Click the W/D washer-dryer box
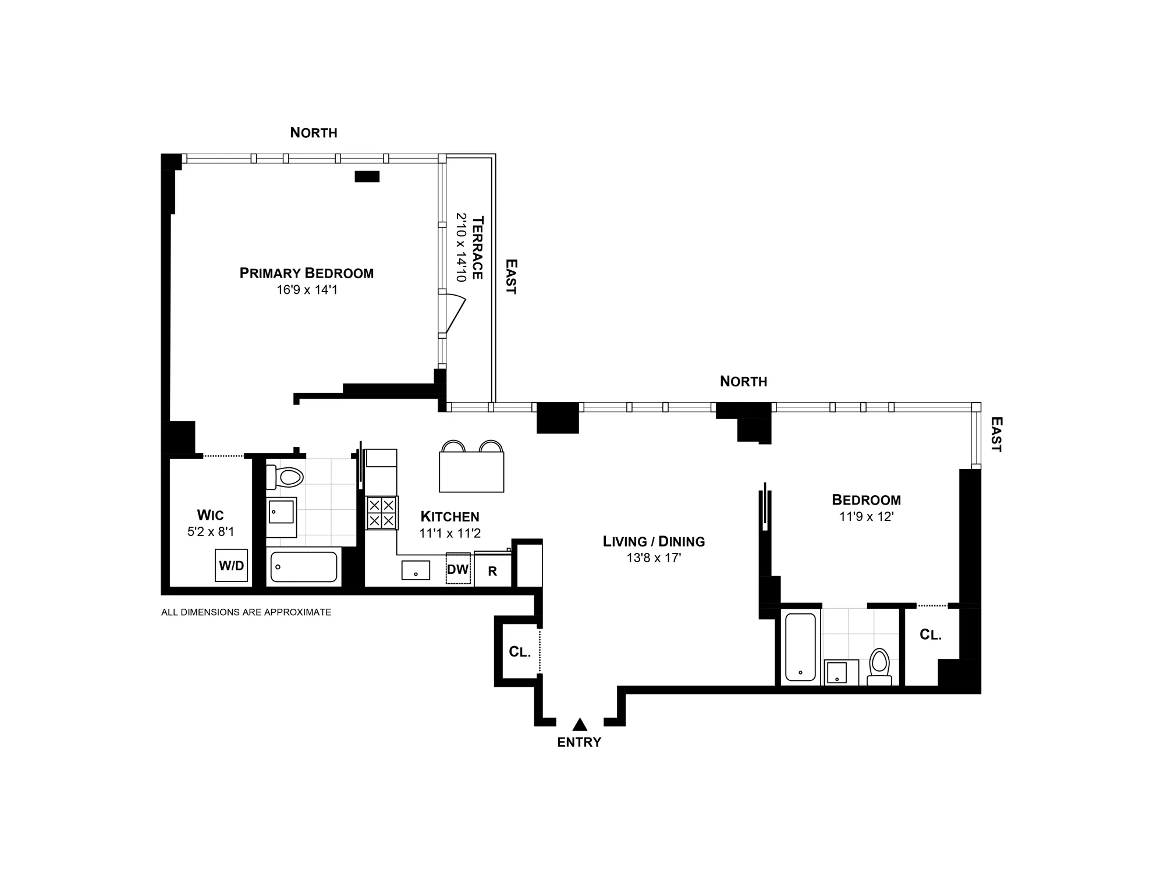tap(231, 565)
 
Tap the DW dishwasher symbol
tap(458, 569)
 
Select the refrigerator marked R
tap(492, 570)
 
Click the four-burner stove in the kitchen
tap(382, 513)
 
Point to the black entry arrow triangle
tap(579, 724)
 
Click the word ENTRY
tap(579, 742)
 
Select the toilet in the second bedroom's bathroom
tap(879, 667)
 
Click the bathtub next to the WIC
tap(303, 567)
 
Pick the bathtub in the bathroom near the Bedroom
tap(800, 647)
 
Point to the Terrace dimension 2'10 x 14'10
tap(462, 247)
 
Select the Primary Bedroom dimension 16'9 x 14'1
tap(307, 289)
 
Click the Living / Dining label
tap(654, 541)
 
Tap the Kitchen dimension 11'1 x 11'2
tap(450, 533)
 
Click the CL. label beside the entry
tap(520, 652)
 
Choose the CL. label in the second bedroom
tap(930, 635)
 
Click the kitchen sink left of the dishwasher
tap(416, 570)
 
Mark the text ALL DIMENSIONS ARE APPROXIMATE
tap(246, 612)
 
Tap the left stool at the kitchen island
tap(453, 447)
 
